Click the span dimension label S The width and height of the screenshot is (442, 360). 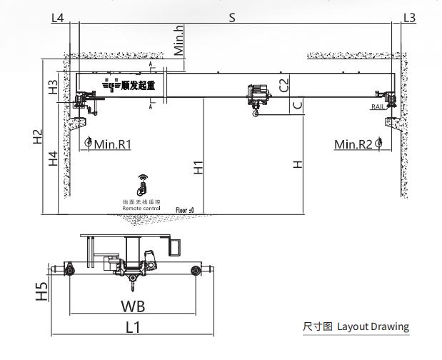click(232, 18)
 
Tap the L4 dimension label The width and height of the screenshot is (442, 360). click(59, 18)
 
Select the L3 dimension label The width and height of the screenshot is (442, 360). click(409, 18)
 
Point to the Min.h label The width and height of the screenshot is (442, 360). click(180, 41)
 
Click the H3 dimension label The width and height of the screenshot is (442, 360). click(53, 87)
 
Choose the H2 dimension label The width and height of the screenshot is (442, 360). click(39, 137)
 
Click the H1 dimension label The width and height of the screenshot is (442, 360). click(199, 167)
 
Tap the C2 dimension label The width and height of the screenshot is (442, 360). click(285, 85)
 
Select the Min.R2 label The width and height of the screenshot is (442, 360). click(353, 144)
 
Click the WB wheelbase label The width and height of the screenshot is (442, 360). click(134, 306)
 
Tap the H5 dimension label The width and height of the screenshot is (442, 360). click(42, 291)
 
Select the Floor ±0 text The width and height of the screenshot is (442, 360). click(185, 210)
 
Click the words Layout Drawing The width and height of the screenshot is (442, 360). click(373, 327)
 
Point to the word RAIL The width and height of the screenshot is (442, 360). click(378, 106)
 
